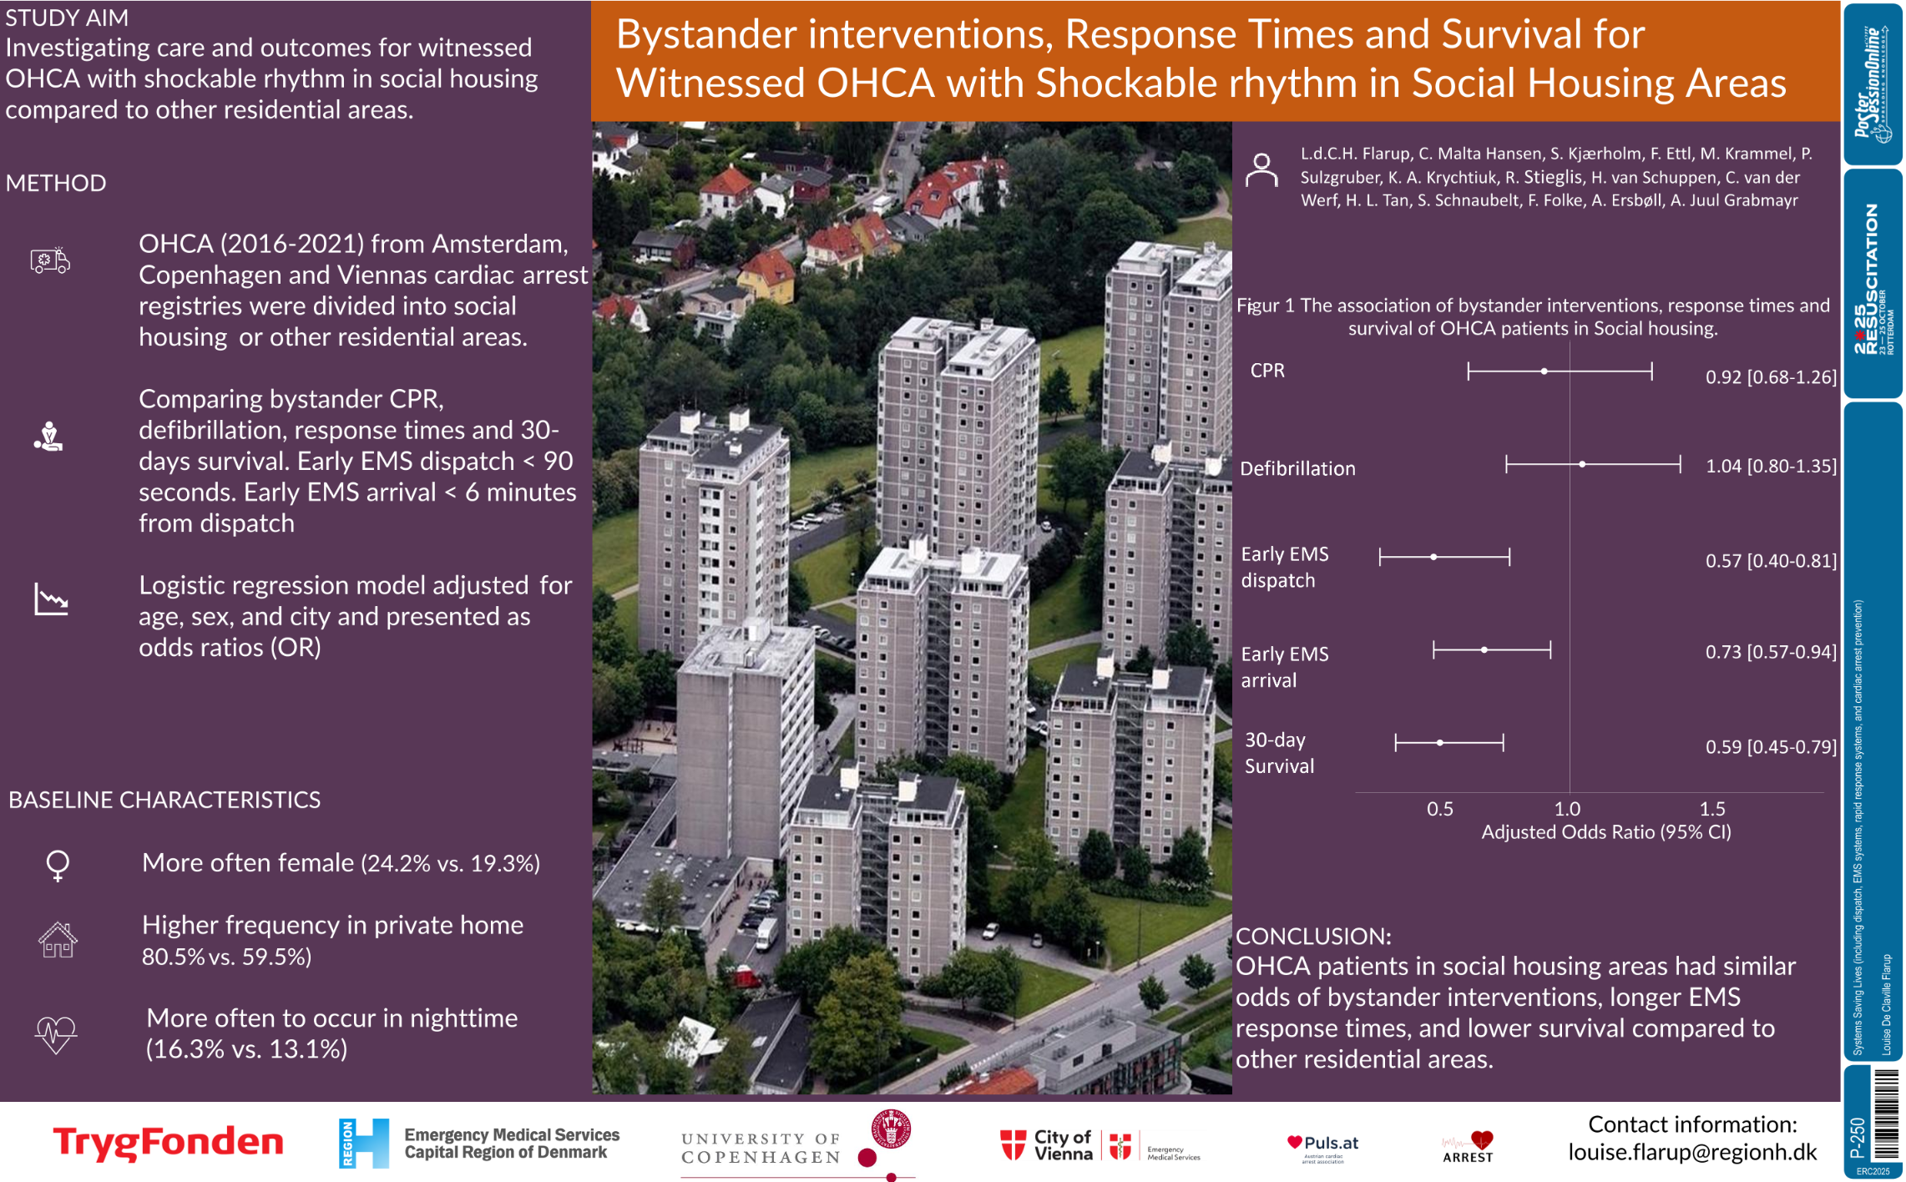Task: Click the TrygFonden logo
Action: point(168,1142)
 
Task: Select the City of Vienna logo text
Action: point(1062,1145)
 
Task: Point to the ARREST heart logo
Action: point(1468,1147)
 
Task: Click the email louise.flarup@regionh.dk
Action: point(1691,1153)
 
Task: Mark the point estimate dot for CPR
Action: point(1544,371)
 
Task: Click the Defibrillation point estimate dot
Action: point(1582,464)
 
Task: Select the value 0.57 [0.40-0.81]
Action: point(1770,561)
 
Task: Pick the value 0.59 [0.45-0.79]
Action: point(1770,747)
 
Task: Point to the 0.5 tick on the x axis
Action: point(1439,809)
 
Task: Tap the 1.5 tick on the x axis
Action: point(1711,809)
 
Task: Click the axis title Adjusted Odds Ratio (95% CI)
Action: point(1605,832)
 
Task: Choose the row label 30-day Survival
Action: point(1278,753)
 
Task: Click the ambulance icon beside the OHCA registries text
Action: point(50,261)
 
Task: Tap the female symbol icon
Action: point(58,866)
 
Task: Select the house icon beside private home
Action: point(58,941)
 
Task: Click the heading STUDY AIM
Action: point(67,18)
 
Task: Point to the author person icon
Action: point(1261,170)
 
